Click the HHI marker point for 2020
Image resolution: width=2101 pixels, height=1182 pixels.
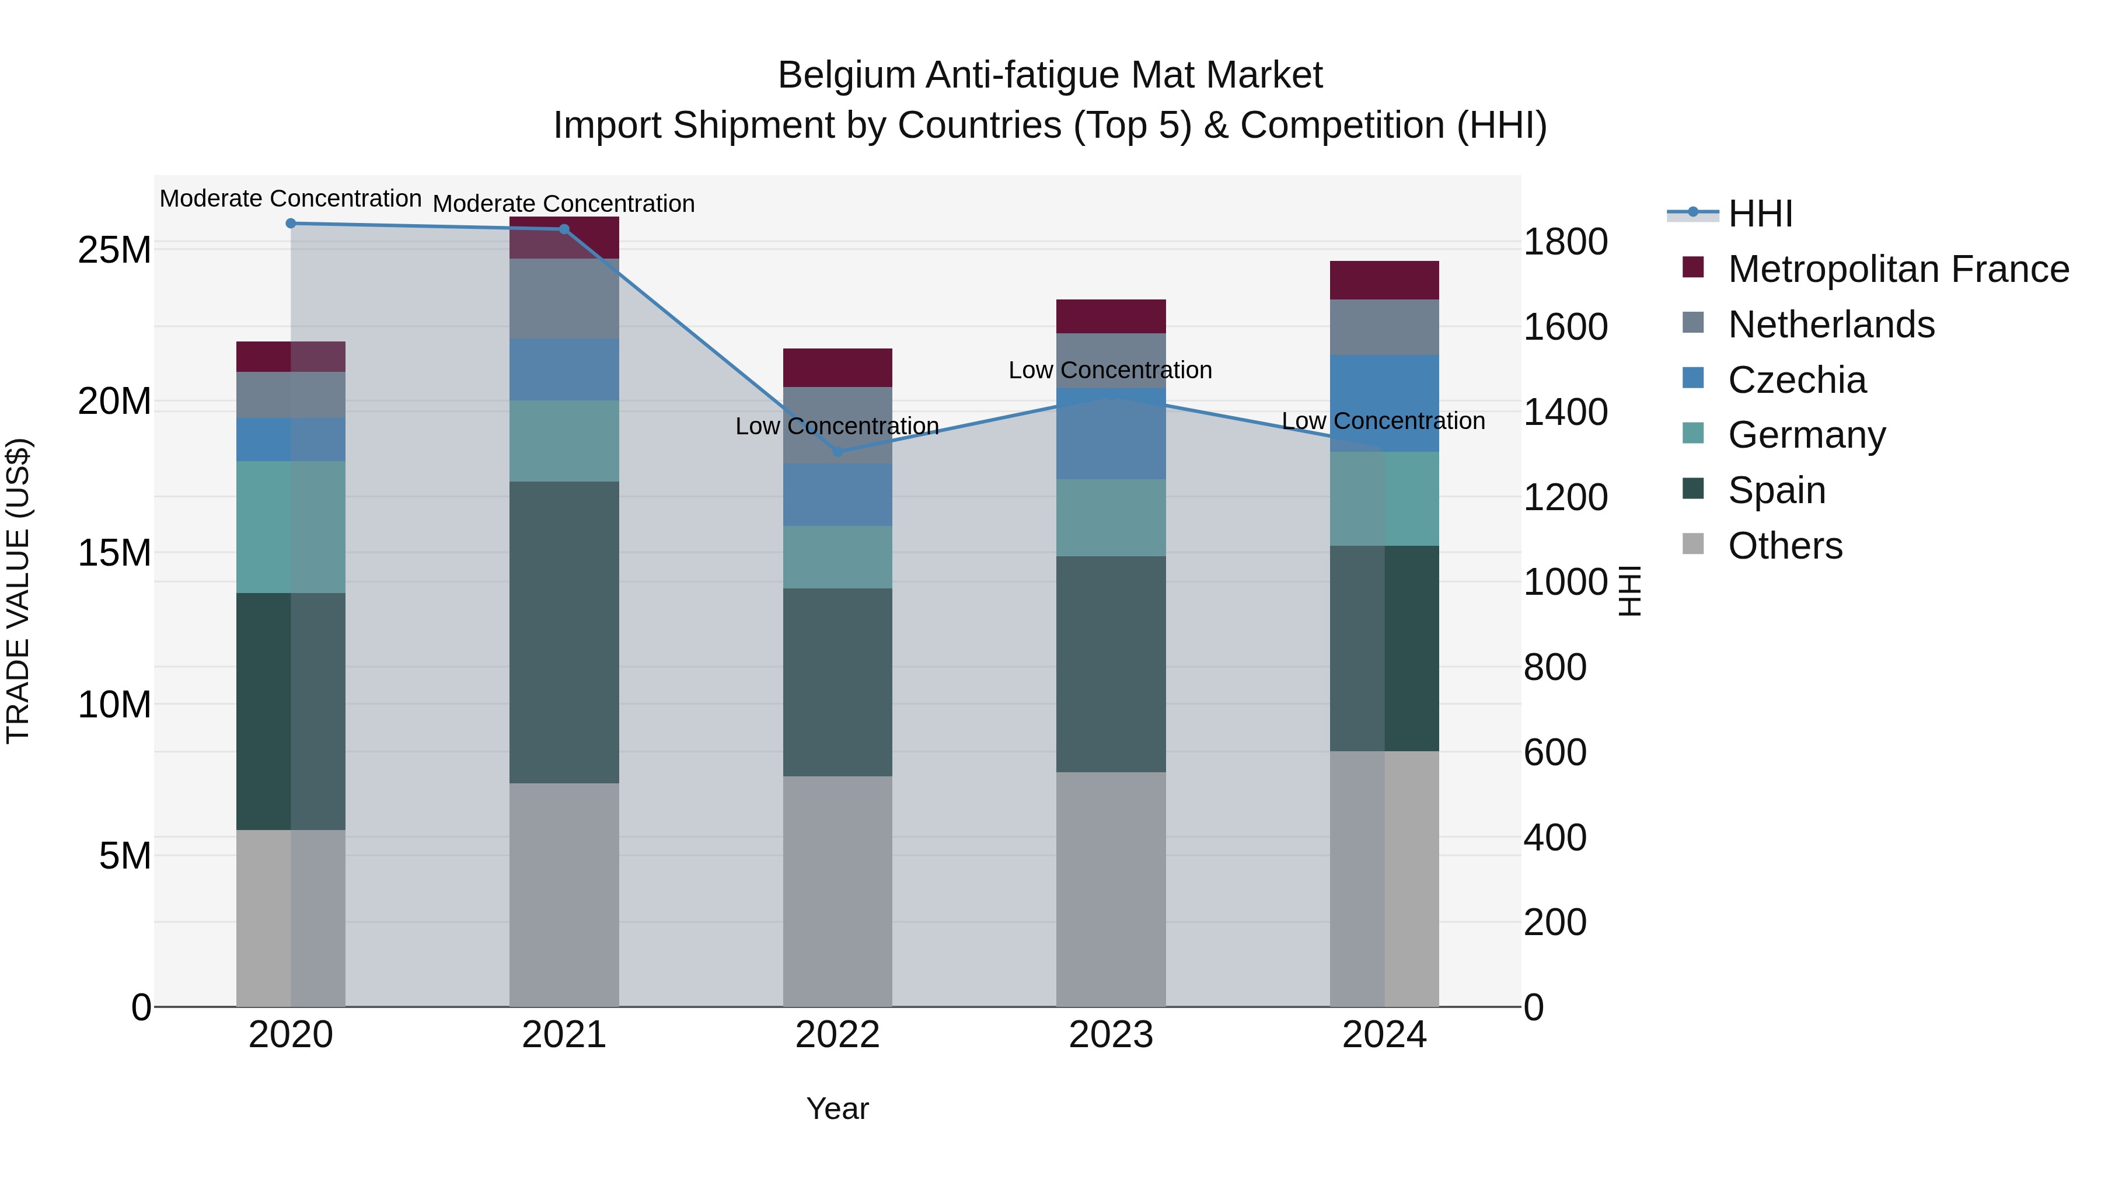[x=291, y=224]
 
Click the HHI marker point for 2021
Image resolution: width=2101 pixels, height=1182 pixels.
[x=564, y=229]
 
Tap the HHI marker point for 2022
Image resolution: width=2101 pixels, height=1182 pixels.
[x=837, y=451]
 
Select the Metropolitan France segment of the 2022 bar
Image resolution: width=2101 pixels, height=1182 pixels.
[x=837, y=368]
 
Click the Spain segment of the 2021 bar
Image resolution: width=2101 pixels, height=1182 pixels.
[x=564, y=632]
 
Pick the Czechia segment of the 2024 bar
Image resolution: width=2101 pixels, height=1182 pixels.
[x=1384, y=403]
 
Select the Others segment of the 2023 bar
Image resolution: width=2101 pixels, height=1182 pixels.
[x=1111, y=889]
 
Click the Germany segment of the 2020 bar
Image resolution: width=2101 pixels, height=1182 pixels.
[x=291, y=527]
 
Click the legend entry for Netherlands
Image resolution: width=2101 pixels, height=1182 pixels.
[x=1830, y=325]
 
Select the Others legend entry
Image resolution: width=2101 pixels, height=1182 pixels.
[x=1785, y=546]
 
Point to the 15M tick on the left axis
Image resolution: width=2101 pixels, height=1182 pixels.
[x=114, y=553]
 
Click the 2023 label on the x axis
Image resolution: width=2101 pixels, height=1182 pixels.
[x=1111, y=1035]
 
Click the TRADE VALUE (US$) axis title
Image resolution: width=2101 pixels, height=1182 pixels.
[x=18, y=591]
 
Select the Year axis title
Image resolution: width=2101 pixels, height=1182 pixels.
[x=837, y=1108]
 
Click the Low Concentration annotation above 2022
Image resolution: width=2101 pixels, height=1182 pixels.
[x=837, y=426]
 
